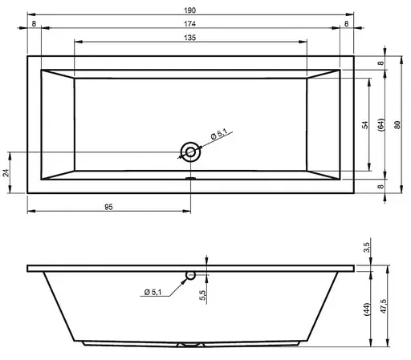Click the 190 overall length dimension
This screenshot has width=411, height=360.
(189, 10)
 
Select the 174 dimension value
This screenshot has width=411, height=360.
(189, 24)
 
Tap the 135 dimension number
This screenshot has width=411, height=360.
(189, 38)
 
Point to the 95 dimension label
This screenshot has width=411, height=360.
(108, 207)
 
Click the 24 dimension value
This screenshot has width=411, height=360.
(6, 173)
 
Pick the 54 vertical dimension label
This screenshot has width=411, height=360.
(365, 125)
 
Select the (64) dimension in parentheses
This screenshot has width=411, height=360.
(381, 124)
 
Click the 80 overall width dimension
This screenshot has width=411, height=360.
(397, 125)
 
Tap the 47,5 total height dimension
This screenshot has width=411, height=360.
(383, 306)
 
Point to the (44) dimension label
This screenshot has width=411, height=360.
(367, 309)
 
